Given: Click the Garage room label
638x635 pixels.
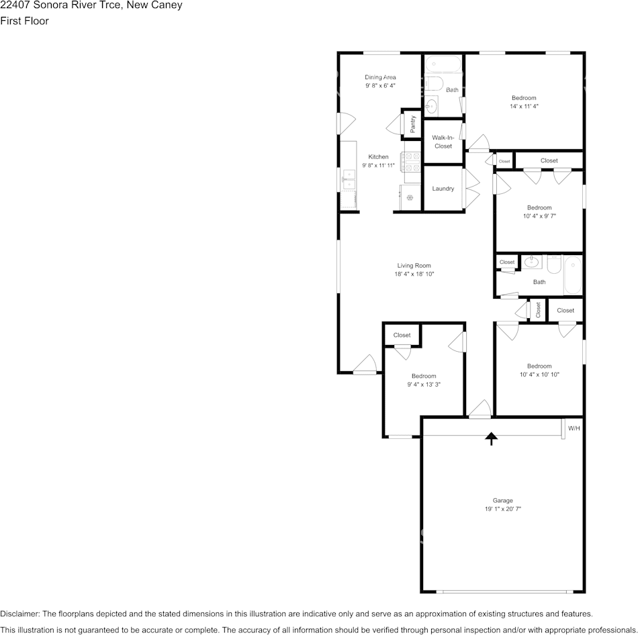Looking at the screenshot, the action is pos(502,500).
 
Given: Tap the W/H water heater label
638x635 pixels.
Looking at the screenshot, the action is pos(574,428).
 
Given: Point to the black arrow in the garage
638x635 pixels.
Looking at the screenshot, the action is pos(492,438).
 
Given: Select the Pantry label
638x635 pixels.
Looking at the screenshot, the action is pos(413,124).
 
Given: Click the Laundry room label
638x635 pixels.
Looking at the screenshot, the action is pos(443,189).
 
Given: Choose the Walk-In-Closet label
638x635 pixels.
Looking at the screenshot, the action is pos(443,142).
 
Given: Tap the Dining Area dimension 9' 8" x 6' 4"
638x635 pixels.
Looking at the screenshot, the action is pos(380,85).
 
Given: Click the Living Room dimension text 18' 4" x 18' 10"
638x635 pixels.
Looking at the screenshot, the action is pos(414,274).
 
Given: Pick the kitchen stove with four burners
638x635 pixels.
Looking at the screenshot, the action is pos(412,162).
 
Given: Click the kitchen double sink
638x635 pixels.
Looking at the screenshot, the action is pos(349,179).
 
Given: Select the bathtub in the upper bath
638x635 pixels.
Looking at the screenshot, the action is pos(443,64).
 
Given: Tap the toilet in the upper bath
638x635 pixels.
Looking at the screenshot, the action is pos(434,84).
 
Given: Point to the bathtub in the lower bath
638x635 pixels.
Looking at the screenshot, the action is pos(573,275).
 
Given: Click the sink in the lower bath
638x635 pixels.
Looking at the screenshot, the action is pos(531,262).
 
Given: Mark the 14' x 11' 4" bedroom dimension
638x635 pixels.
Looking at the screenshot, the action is pos(524,106).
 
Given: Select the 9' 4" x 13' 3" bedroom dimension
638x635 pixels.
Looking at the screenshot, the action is pos(424,384).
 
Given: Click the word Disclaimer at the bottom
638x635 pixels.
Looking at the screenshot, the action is pos(19,614).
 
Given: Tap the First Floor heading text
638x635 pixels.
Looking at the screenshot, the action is pos(24,21).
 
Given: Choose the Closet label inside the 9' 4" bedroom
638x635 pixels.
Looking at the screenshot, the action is pos(402,335).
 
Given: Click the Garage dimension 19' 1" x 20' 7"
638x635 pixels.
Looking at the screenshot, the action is pos(503,509).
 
